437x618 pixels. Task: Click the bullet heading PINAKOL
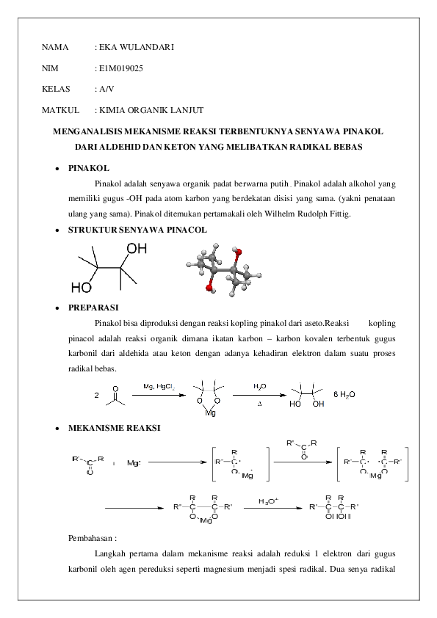point(89,168)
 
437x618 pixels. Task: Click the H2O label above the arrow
point(259,385)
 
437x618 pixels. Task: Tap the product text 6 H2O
point(344,394)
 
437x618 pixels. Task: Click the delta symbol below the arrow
point(259,403)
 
